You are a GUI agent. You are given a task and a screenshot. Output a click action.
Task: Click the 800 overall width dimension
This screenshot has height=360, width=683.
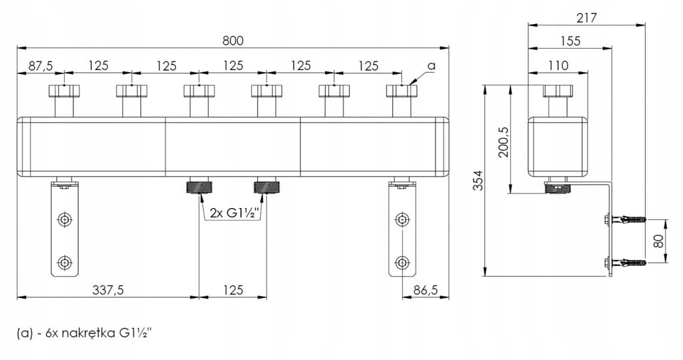[233, 41]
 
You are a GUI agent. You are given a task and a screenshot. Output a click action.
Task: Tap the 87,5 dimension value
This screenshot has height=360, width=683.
[41, 66]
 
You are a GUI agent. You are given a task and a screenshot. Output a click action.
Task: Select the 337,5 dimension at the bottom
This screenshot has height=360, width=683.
[108, 289]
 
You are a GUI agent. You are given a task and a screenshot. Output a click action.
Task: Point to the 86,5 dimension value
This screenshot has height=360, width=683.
[424, 289]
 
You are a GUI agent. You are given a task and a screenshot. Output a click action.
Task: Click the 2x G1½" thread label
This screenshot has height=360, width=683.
[235, 213]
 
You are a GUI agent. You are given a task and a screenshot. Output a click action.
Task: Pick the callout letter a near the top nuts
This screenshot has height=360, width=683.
[432, 66]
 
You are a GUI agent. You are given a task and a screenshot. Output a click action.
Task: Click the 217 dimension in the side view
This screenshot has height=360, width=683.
[586, 18]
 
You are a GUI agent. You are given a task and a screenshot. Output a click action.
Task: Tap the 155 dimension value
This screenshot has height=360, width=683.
[571, 41]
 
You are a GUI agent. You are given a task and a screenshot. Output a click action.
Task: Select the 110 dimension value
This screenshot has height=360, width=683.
[558, 65]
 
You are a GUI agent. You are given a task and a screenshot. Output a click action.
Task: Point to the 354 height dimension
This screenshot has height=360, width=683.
[478, 180]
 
